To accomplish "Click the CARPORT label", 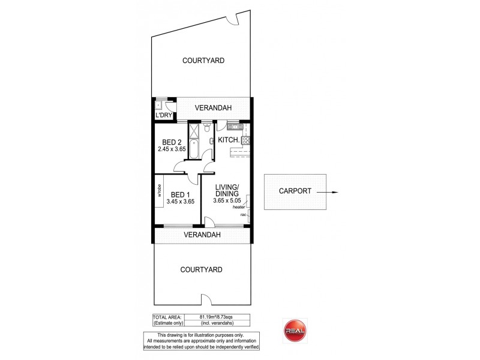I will click(x=295, y=192).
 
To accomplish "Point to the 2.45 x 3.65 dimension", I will click(x=172, y=149).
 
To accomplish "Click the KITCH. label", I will click(x=229, y=140).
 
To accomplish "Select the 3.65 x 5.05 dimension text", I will click(x=229, y=201).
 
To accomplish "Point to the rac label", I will click(x=244, y=215).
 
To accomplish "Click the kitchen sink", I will click(x=234, y=127).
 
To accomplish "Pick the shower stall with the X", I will click(x=196, y=132).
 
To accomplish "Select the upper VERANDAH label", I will click(x=214, y=108).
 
